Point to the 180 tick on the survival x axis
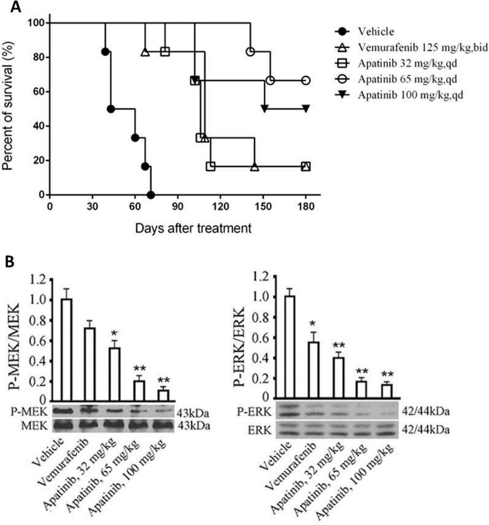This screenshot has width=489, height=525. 306,207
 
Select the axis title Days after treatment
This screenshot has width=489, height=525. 179,228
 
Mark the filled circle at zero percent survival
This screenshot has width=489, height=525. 151,195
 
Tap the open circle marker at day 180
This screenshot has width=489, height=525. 306,80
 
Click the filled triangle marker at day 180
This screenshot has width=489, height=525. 306,109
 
